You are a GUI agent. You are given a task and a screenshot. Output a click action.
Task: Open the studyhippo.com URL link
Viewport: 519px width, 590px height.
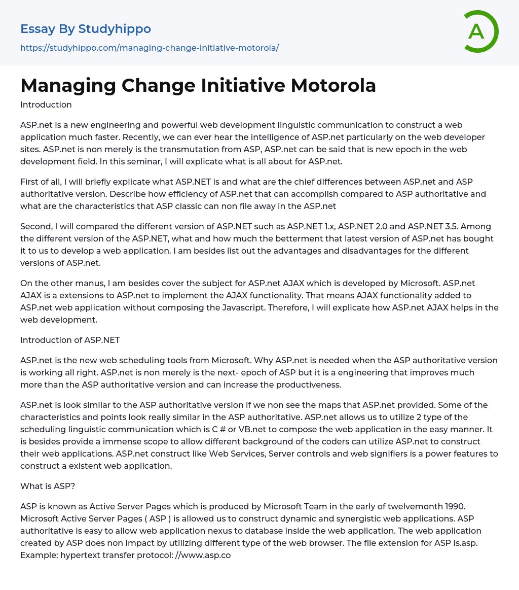[150, 48]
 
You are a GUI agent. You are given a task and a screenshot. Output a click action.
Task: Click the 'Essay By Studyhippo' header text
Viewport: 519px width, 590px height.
[86, 29]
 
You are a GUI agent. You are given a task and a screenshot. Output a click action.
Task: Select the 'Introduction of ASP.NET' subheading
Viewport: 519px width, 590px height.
[70, 340]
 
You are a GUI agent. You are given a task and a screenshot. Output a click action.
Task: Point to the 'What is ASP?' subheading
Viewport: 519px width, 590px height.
[48, 486]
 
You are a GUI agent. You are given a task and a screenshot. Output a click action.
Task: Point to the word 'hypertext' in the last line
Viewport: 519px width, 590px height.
[82, 555]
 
